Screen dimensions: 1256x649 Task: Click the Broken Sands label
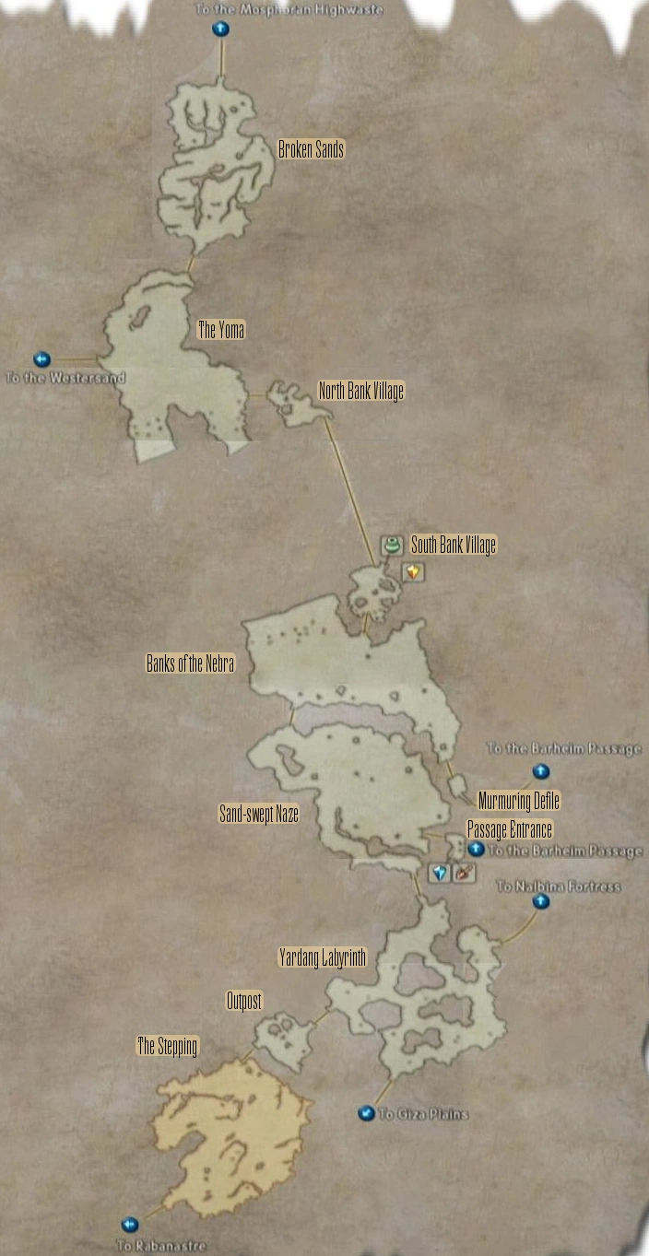(x=312, y=149)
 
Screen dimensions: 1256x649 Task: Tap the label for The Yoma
(x=221, y=329)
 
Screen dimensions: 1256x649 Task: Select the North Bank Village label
(x=361, y=392)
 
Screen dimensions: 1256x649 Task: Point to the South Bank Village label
(x=453, y=545)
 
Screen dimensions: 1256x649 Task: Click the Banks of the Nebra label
(x=190, y=663)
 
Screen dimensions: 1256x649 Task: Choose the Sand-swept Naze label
(x=258, y=814)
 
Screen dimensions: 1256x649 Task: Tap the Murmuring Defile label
(x=518, y=800)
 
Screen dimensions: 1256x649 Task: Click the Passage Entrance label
(x=510, y=828)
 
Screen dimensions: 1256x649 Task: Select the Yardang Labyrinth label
(x=323, y=958)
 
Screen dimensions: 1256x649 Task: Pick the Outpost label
(x=244, y=1001)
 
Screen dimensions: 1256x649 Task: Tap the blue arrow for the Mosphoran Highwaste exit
(x=220, y=29)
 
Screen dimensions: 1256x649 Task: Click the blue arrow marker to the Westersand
(x=41, y=359)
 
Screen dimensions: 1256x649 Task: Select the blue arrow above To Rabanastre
(x=130, y=1224)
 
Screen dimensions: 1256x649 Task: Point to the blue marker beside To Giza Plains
(x=367, y=1113)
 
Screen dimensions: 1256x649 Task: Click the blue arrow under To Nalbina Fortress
(x=541, y=901)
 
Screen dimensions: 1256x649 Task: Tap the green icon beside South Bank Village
(x=391, y=546)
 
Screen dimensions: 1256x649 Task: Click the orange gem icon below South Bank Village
(x=413, y=572)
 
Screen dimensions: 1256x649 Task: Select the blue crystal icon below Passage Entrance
(x=440, y=872)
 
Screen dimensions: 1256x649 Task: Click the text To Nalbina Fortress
(x=559, y=886)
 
